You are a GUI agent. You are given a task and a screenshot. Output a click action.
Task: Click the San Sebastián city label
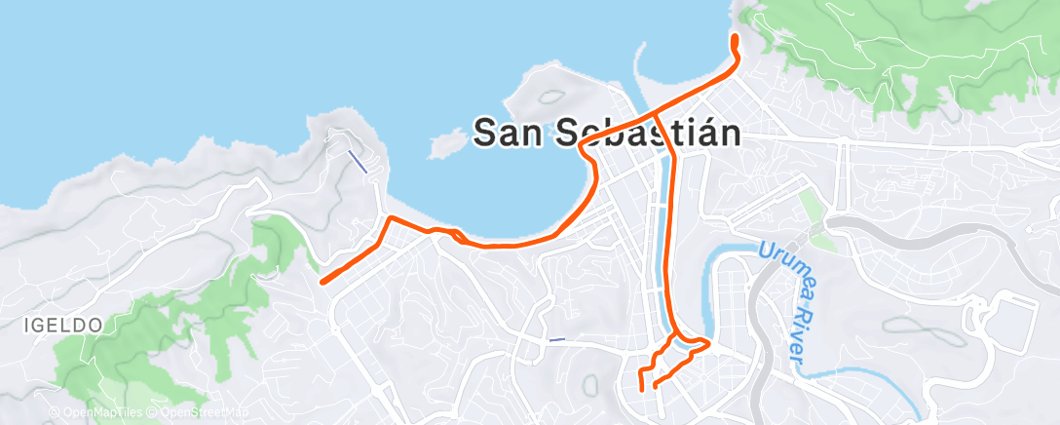607,134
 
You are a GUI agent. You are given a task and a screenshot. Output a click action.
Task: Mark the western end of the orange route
322,282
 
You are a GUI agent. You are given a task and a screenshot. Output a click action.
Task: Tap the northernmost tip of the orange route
733,37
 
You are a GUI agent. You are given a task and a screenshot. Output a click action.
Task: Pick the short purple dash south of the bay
556,339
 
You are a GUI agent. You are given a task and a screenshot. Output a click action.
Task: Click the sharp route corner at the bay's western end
391,218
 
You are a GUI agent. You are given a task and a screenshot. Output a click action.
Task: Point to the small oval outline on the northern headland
552,97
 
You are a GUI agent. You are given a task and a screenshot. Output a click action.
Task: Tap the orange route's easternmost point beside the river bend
708,342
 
